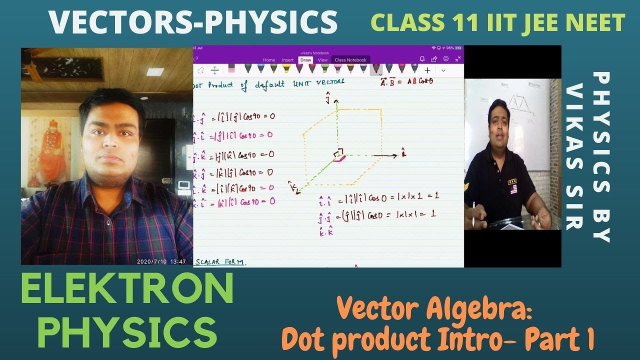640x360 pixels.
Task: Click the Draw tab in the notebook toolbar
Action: [x=305, y=60]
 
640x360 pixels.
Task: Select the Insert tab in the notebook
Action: [x=287, y=60]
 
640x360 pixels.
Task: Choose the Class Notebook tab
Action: [x=350, y=60]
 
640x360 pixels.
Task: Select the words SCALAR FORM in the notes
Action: [x=221, y=262]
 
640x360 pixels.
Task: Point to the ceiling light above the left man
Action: [x=155, y=72]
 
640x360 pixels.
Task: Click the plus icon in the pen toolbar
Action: [x=427, y=70]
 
